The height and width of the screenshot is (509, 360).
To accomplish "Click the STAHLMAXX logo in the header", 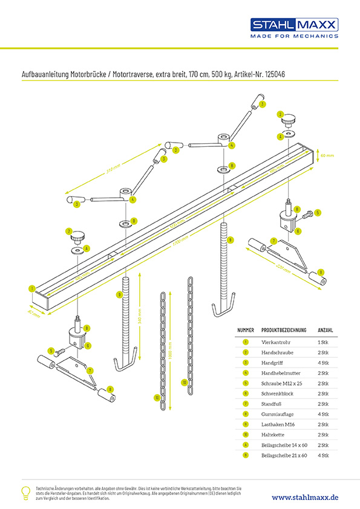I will click(295, 25).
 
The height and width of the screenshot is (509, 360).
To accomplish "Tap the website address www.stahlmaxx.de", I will click(305, 497).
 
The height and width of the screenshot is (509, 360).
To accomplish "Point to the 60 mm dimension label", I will click(327, 155).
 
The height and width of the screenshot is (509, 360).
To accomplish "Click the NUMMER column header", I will click(246, 331).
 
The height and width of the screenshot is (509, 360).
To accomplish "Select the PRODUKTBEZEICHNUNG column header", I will click(284, 331).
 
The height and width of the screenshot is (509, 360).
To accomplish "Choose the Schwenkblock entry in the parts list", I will click(276, 393).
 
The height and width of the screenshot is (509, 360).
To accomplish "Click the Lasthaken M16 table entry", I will click(277, 424).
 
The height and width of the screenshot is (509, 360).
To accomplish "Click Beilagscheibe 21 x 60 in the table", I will click(284, 455).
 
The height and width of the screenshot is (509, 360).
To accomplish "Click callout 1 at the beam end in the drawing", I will click(31, 288).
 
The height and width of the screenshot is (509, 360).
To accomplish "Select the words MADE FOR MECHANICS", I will click(295, 36).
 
